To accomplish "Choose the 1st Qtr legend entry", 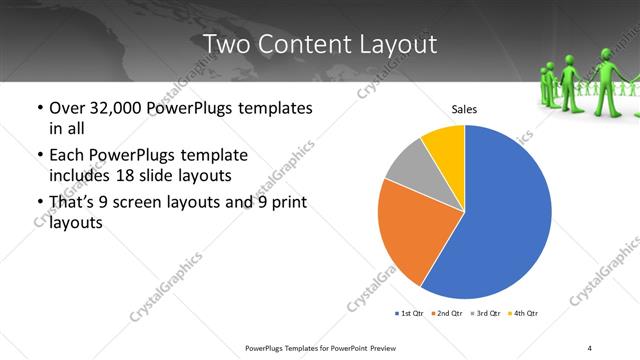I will pyautogui.click(x=411, y=314).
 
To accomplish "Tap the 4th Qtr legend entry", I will pyautogui.click(x=524, y=314).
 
